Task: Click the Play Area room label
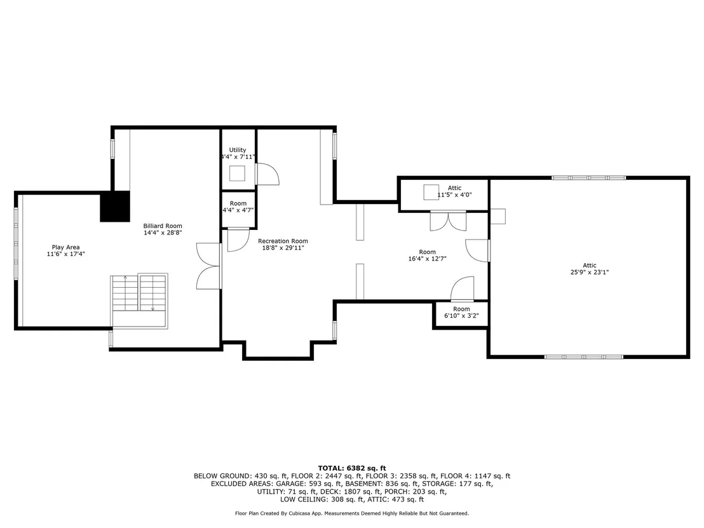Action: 65,247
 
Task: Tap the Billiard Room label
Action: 163,226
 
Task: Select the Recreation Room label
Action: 283,241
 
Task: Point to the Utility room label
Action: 238,150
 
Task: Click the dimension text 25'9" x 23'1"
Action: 590,272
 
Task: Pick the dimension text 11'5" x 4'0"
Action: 454,195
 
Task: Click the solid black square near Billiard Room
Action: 115,206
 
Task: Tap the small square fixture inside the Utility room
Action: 238,173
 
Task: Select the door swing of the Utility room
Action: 267,173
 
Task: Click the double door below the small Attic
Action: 448,221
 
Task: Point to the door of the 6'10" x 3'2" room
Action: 463,288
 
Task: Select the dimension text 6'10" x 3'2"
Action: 461,316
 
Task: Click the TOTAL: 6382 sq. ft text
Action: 352,468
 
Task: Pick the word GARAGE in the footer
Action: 290,484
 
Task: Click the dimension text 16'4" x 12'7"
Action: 428,258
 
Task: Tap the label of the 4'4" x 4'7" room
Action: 238,203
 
